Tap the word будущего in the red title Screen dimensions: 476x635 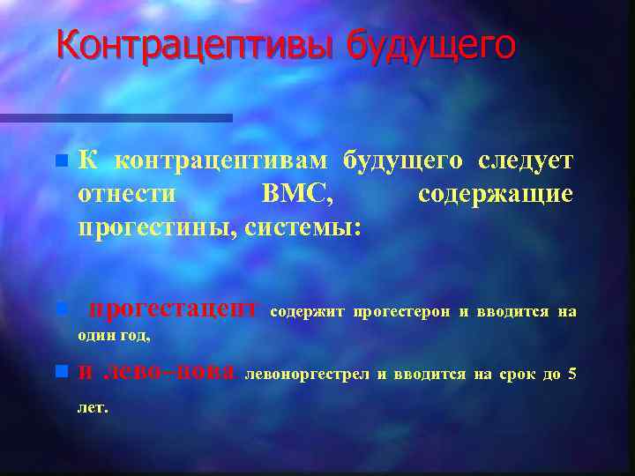[430, 46]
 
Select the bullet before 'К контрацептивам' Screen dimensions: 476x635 [60, 161]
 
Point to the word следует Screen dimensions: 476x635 [526, 160]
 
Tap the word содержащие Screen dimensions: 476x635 [496, 194]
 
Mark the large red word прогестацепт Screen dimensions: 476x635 [174, 309]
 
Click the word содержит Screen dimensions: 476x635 [307, 311]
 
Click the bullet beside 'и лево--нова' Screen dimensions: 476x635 [60, 373]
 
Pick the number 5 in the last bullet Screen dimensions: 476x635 [572, 374]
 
